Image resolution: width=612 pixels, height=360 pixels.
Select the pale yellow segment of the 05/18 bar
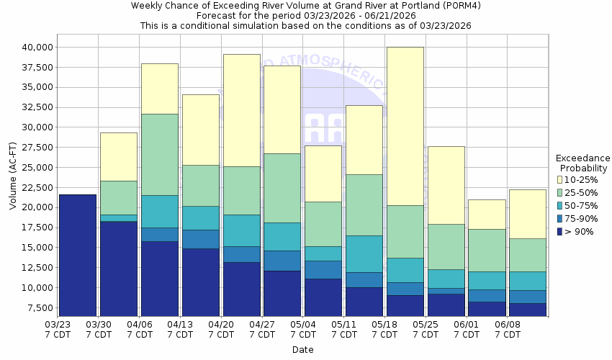pos(405,126)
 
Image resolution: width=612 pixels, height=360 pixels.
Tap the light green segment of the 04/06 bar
pos(159,154)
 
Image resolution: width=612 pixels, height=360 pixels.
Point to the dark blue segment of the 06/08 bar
pos(527,309)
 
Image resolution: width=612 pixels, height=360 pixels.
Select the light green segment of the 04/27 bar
pos(282,188)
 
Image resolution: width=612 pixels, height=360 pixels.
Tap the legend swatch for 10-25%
pos(559,179)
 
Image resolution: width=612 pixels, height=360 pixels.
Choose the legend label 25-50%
pos(580,192)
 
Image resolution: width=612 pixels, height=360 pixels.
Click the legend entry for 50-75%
pos(580,205)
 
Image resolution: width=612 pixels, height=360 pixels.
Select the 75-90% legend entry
pos(580,218)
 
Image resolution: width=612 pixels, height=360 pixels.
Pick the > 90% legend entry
pos(580,231)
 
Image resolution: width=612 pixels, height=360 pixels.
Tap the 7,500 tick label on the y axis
pos(37,307)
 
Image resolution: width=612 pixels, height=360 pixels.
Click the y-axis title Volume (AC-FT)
pos(13,176)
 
